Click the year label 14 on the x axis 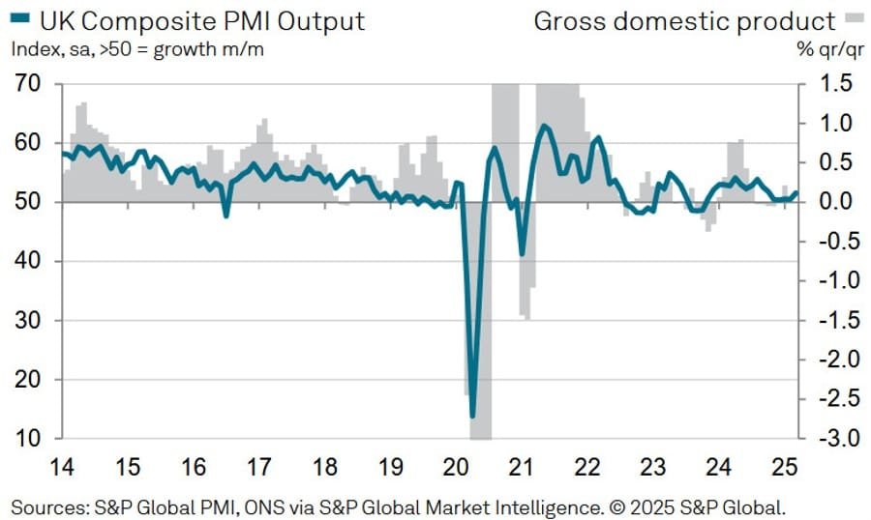tap(61, 468)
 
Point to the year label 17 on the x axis tap(258, 468)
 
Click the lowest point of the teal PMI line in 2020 tap(473, 417)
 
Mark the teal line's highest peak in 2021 tap(545, 126)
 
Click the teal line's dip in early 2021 tap(523, 254)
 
